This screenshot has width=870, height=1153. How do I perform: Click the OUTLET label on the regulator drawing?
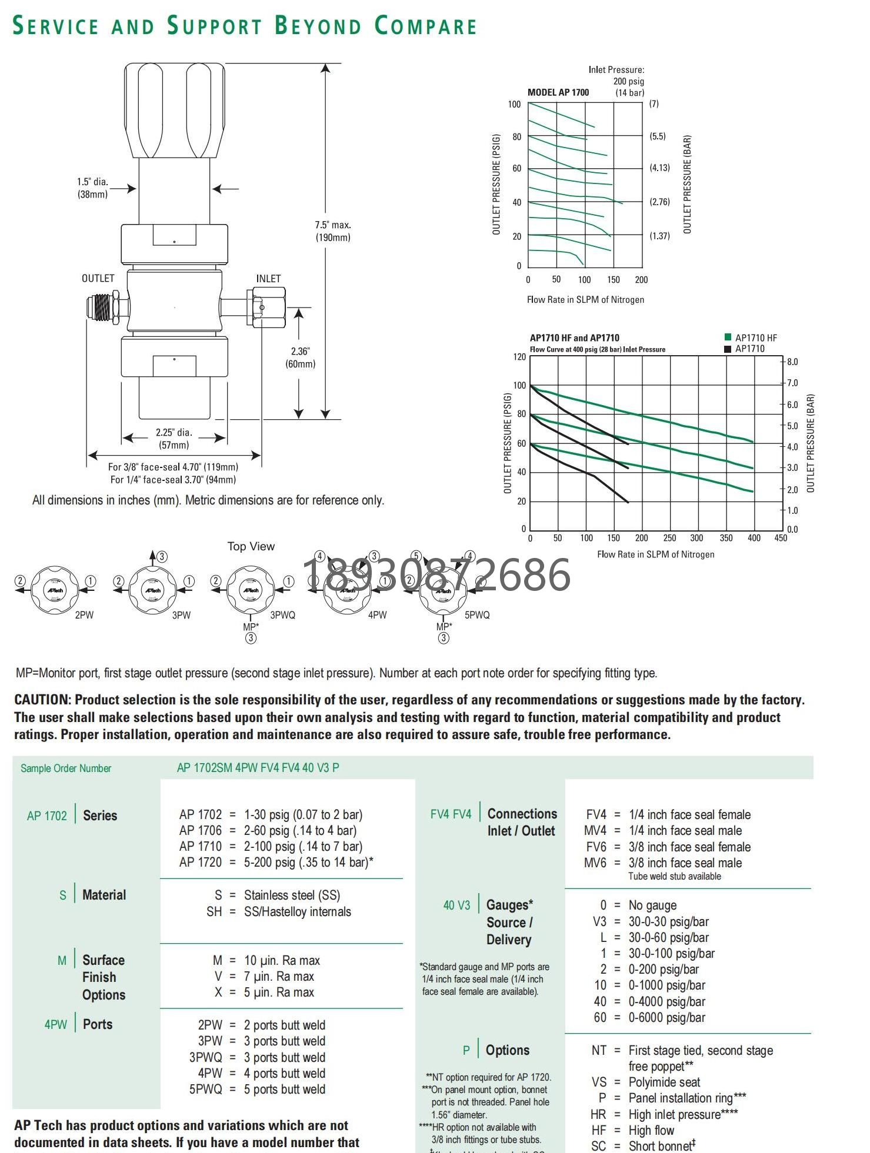click(98, 278)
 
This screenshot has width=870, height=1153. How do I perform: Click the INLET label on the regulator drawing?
click(268, 279)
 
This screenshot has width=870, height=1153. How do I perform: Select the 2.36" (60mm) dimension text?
click(300, 357)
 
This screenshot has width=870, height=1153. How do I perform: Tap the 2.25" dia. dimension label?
click(174, 433)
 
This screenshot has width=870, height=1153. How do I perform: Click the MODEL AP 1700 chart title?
click(558, 92)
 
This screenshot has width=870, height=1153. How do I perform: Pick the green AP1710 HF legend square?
click(728, 337)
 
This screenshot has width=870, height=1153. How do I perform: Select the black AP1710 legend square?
click(728, 349)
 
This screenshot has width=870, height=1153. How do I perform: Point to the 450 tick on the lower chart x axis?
click(781, 538)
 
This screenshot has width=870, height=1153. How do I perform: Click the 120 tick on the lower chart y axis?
click(519, 357)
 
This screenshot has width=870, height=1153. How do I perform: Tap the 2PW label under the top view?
click(84, 616)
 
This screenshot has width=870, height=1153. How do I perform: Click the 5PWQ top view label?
click(477, 616)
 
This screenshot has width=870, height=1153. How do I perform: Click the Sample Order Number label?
click(66, 768)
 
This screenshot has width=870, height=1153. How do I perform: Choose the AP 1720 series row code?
click(200, 863)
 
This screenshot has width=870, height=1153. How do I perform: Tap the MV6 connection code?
click(595, 863)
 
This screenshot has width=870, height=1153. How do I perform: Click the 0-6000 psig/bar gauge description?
click(666, 1018)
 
